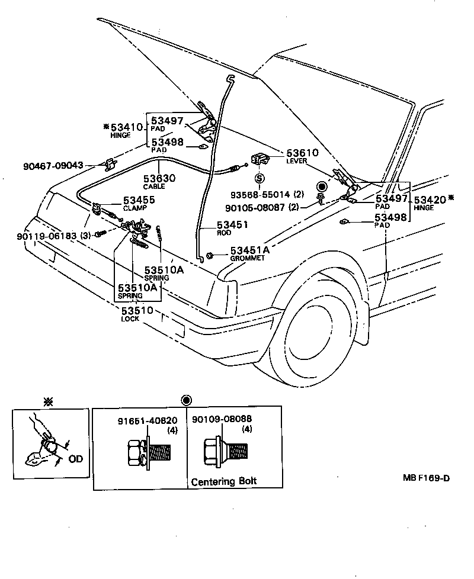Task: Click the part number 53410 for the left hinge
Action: [127, 127]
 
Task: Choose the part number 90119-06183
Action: [46, 236]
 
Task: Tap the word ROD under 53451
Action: [223, 233]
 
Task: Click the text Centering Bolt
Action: [223, 481]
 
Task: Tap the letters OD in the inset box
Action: [75, 458]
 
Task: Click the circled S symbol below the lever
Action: [260, 178]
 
